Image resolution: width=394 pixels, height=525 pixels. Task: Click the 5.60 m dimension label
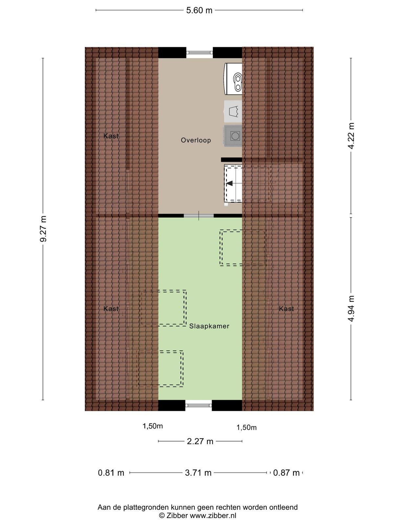(199, 10)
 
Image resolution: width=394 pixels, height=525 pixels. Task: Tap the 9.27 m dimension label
(43, 229)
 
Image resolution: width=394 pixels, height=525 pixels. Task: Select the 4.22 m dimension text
(351, 136)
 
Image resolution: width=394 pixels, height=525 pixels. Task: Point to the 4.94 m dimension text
(351, 308)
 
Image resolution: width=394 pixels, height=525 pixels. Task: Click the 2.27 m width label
(200, 441)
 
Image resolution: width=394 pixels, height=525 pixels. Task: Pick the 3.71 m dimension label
(198, 473)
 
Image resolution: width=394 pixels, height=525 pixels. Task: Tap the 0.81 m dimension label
(111, 473)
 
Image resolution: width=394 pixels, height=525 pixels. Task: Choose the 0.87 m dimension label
(286, 473)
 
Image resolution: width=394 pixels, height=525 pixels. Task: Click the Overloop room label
(196, 140)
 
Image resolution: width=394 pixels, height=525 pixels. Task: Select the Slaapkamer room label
(209, 326)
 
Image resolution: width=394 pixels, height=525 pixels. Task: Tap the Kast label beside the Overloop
(111, 136)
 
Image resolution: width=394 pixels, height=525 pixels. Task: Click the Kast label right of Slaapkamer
(286, 308)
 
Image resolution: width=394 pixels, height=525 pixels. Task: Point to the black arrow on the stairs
(230, 183)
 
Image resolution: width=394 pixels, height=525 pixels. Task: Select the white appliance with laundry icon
(233, 111)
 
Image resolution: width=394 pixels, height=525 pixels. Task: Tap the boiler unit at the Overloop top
(233, 79)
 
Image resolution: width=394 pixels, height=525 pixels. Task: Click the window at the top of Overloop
(200, 52)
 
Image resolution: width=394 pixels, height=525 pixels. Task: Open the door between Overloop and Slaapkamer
(199, 216)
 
